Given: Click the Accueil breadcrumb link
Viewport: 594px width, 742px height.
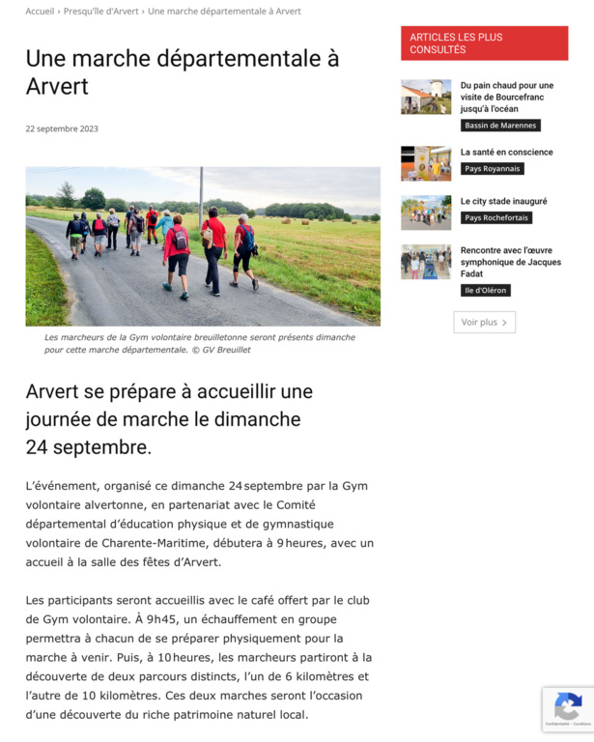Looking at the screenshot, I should [x=40, y=12].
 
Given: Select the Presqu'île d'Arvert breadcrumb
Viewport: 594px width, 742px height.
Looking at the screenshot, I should [x=101, y=12].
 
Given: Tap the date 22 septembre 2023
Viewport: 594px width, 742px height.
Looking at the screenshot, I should [x=62, y=128].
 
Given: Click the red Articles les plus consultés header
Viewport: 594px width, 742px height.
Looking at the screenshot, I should [x=484, y=43].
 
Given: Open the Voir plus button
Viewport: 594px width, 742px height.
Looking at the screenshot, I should [x=484, y=322].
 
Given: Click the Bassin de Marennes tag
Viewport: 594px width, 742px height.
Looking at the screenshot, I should [x=500, y=126].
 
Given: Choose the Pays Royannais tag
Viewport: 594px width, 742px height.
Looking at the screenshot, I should [x=492, y=168].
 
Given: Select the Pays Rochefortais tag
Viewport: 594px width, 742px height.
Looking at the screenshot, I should [x=495, y=217].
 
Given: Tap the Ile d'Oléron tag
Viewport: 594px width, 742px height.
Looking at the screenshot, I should [x=485, y=290].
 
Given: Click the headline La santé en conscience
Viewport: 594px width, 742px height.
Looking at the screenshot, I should [x=506, y=152].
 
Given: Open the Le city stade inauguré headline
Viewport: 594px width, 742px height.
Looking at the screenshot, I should [x=503, y=201].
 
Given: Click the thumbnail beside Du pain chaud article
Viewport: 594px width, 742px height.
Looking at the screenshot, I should [x=426, y=97].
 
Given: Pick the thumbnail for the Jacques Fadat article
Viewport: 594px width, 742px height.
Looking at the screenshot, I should [x=426, y=262].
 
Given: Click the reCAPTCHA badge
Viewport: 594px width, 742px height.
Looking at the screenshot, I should [x=568, y=708].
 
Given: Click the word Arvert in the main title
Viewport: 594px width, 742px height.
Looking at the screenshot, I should [x=57, y=86].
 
